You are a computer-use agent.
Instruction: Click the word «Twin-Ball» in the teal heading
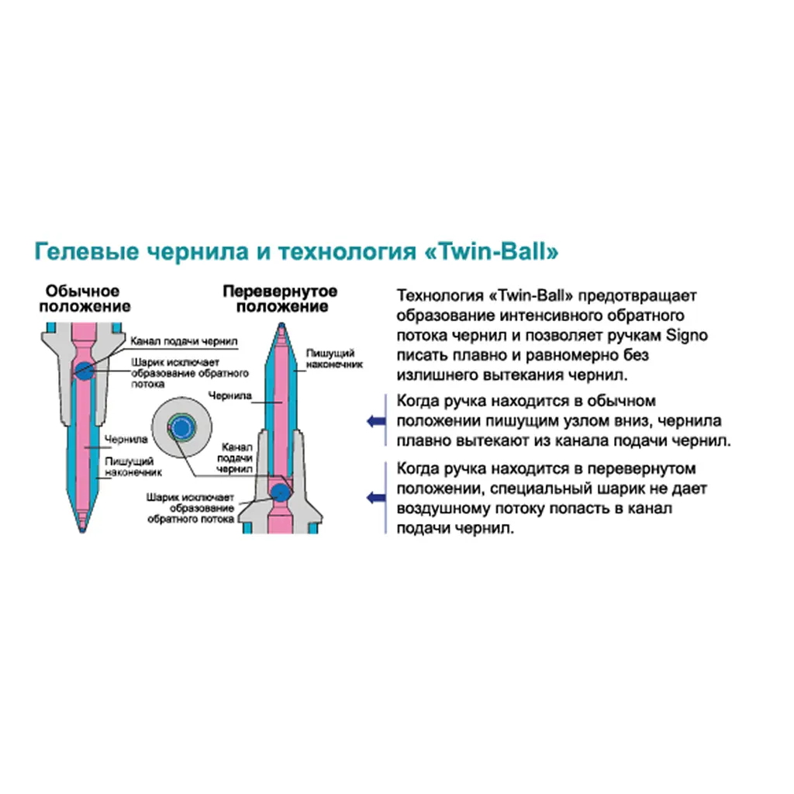[x=491, y=252]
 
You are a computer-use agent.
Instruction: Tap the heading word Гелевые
[x=86, y=252]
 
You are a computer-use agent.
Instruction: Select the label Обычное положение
[x=85, y=299]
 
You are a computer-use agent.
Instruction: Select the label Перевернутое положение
[x=280, y=299]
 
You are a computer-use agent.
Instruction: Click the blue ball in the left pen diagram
[x=84, y=371]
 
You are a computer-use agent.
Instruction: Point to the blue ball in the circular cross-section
[x=181, y=428]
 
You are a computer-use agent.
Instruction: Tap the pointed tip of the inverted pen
[x=281, y=325]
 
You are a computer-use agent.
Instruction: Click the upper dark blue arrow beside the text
[x=376, y=421]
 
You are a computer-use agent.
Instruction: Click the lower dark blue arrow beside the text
[x=376, y=498]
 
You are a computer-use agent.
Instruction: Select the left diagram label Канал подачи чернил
[x=184, y=341]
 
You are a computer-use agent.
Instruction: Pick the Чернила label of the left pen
[x=126, y=440]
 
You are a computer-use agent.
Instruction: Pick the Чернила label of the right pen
[x=230, y=395]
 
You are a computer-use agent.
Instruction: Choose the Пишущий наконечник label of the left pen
[x=133, y=467]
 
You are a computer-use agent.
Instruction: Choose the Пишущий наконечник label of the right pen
[x=334, y=358]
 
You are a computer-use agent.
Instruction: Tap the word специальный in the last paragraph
[x=540, y=489]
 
